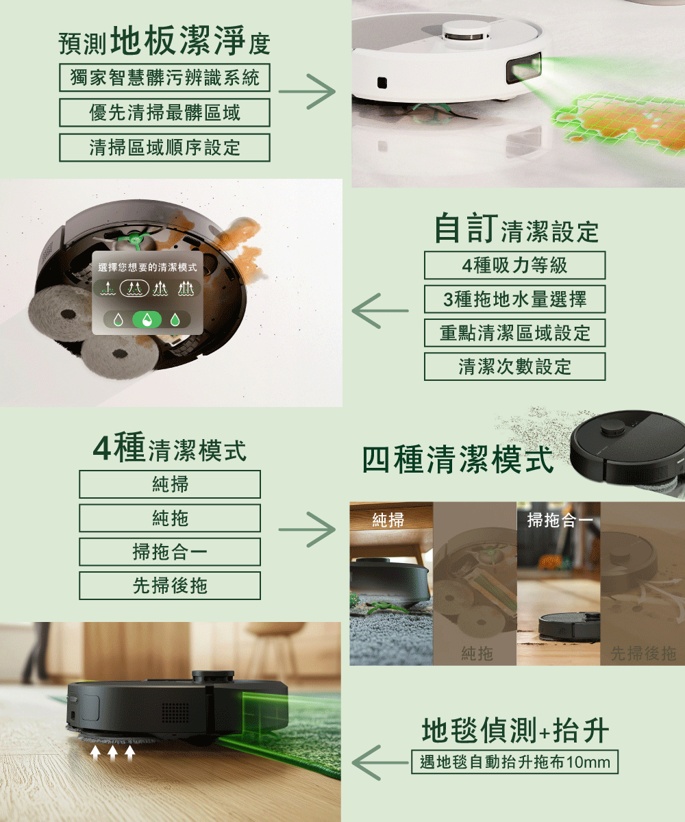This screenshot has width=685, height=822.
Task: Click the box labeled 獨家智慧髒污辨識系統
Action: coord(164,77)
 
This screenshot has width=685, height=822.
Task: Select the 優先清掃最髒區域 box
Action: coord(164,112)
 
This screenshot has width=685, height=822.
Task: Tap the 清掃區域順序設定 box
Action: coord(164,148)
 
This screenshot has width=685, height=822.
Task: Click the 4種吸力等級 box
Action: coord(514,265)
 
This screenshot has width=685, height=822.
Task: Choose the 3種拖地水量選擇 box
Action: coord(514,299)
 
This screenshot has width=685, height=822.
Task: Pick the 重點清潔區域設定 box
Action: coord(514,333)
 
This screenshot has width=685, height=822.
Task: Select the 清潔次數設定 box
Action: coord(514,366)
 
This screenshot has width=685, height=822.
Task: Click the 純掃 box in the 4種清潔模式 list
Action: coord(170,484)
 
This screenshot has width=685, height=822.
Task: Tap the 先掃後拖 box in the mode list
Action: coord(170,586)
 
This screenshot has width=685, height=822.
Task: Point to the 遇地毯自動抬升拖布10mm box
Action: coord(514,762)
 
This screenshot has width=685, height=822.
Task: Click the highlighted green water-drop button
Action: coord(147,319)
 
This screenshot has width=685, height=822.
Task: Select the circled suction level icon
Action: coord(134,288)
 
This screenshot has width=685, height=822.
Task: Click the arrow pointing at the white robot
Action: coord(307,91)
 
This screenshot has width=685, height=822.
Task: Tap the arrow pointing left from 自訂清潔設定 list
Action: coord(380,310)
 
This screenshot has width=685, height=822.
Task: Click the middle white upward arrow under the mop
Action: coord(112,752)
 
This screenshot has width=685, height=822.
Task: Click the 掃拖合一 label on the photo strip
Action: coord(560,520)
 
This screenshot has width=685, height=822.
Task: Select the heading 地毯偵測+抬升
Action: coord(515,729)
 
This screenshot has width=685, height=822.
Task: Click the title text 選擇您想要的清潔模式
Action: coord(147,268)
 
